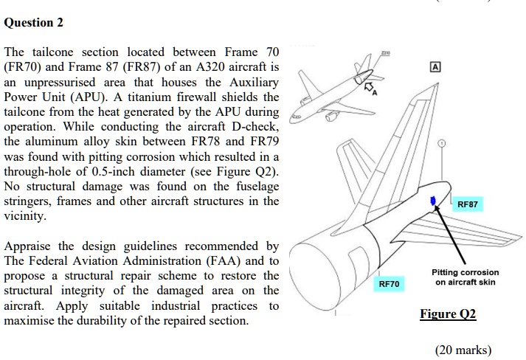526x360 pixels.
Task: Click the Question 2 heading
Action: (x=33, y=22)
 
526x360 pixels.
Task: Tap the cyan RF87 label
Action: (x=468, y=204)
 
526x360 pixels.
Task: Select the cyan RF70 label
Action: (x=389, y=284)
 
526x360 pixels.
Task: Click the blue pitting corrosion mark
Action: (x=433, y=201)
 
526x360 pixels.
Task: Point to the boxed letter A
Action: (x=435, y=67)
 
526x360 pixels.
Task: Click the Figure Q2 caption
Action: (x=448, y=314)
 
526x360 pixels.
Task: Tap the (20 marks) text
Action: (x=463, y=350)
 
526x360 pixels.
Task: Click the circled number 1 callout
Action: (x=442, y=143)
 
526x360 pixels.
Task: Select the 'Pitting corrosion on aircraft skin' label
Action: (x=465, y=277)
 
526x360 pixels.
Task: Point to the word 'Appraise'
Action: (x=27, y=246)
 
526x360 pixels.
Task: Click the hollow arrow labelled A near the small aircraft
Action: (x=369, y=87)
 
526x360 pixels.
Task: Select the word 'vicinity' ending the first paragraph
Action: (x=25, y=215)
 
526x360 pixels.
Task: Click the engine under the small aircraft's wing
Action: (x=331, y=117)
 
